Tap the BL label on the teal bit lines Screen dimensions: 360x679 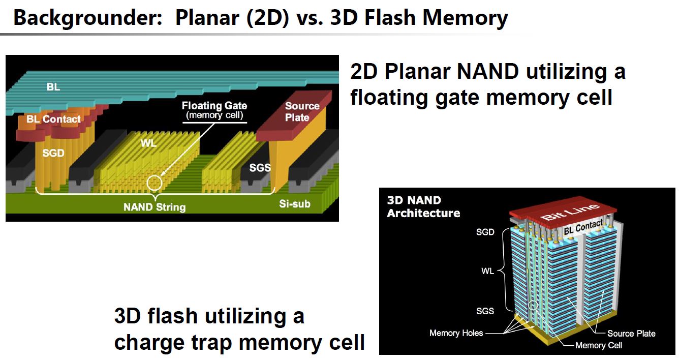53,87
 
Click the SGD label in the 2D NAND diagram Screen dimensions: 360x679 53,153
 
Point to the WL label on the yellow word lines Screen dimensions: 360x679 148,143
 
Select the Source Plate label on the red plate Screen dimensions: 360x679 302,112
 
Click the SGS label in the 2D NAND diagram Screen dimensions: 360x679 259,167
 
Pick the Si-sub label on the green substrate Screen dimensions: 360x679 294,204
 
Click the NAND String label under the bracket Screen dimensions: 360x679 155,207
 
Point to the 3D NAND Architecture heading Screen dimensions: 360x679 423,207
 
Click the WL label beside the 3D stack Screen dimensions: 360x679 487,271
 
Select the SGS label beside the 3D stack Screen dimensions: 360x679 485,311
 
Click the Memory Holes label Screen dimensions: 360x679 456,333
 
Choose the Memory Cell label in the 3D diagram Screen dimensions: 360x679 598,345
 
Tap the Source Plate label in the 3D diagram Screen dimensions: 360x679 631,334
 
